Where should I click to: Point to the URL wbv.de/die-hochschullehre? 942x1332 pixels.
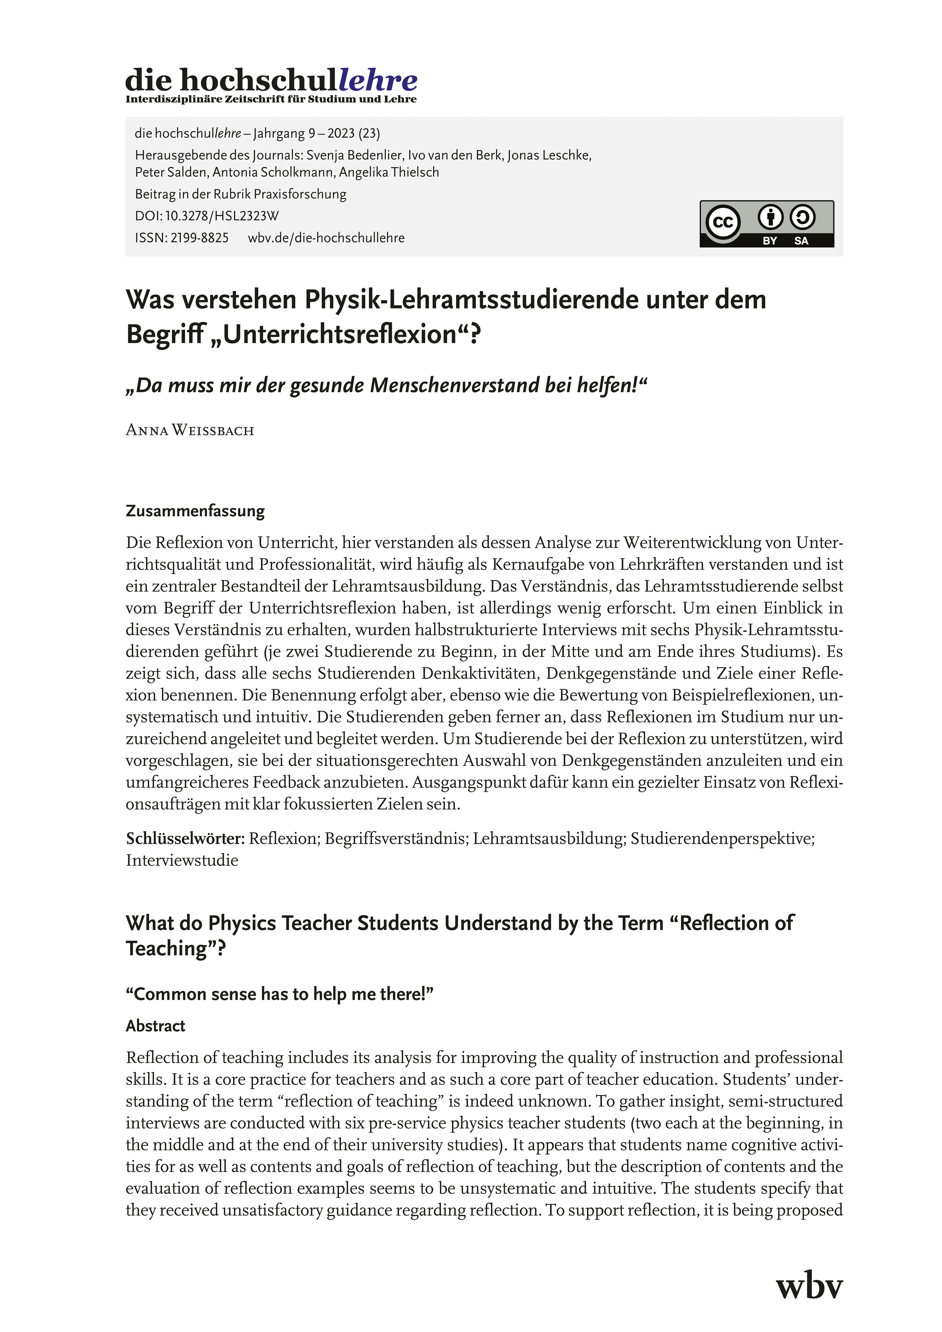(326, 238)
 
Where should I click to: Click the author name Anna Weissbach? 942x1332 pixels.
(190, 431)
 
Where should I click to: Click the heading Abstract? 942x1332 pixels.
(156, 1026)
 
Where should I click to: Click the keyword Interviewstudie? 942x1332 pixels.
(182, 860)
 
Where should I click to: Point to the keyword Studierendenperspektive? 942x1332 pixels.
(723, 839)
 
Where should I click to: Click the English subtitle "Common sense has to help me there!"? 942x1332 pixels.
(280, 994)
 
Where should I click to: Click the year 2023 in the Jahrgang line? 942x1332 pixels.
(341, 133)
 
